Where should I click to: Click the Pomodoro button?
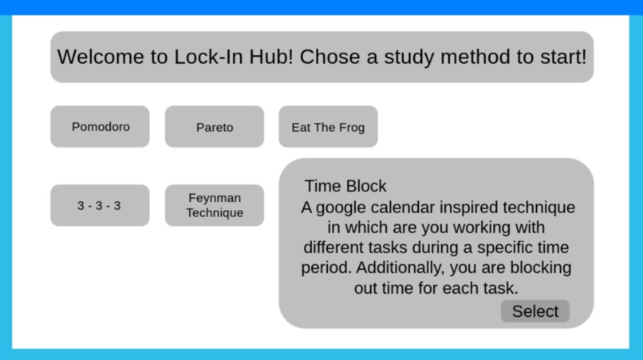(x=100, y=127)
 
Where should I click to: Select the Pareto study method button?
(x=215, y=127)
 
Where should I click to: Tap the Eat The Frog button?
(x=328, y=127)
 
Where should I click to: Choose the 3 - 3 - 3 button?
(x=100, y=205)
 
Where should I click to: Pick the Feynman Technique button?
(x=215, y=205)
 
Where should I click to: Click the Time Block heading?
(x=345, y=186)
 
